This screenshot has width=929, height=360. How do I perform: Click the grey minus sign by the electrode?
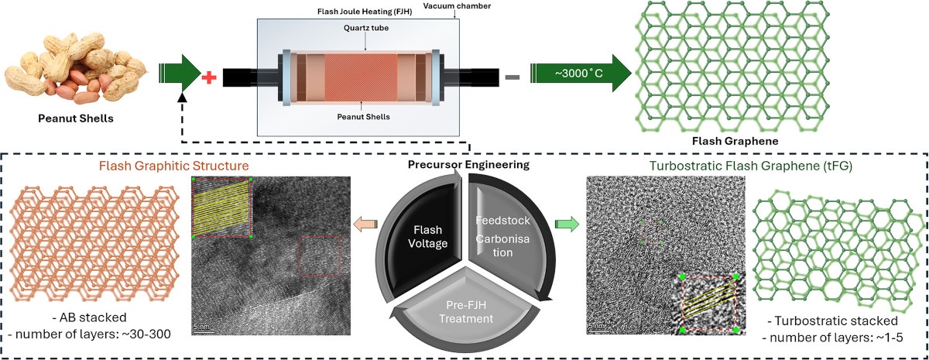[512, 77]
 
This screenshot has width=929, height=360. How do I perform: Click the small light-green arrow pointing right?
[568, 224]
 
